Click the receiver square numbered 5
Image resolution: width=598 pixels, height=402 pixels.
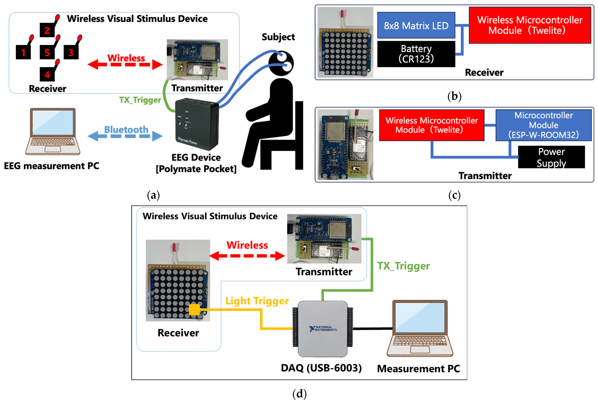coord(47,52)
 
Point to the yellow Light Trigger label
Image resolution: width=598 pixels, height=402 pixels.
coord(257,301)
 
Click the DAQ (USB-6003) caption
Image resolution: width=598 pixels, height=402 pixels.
coord(321,368)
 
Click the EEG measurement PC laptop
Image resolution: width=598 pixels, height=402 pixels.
coord(53,131)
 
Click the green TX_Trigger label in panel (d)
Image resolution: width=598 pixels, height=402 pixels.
coord(403,266)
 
